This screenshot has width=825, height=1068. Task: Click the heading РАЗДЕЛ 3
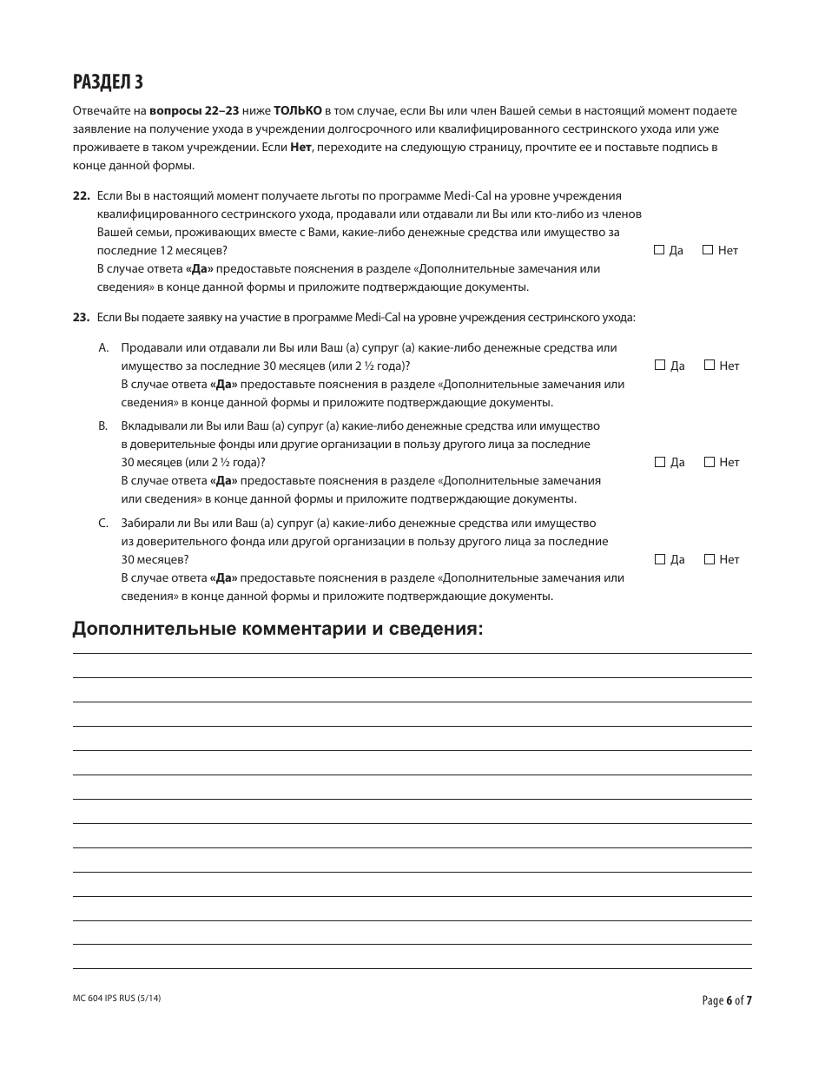click(x=108, y=82)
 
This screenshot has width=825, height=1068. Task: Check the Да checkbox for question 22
click(x=659, y=250)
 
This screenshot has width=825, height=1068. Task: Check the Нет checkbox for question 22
click(x=708, y=250)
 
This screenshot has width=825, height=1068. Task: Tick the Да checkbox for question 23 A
click(x=660, y=366)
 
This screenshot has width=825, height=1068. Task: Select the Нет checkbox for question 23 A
click(x=709, y=366)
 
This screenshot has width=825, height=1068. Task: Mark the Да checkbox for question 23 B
click(x=660, y=462)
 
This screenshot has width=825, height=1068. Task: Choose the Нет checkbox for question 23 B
click(x=709, y=462)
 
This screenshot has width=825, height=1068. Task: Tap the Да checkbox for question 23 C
click(x=660, y=559)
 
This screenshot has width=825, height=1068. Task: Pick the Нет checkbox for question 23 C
click(x=709, y=559)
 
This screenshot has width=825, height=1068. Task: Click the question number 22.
click(x=81, y=196)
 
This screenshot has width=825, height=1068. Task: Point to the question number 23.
click(x=81, y=318)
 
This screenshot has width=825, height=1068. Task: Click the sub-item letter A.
click(x=102, y=347)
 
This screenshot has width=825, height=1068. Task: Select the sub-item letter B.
click(x=102, y=426)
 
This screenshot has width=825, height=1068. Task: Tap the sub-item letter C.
click(x=102, y=523)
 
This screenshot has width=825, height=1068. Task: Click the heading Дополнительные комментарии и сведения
click(x=278, y=629)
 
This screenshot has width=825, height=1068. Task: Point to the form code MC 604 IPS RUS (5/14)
click(x=117, y=999)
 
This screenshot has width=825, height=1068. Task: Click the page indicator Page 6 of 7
click(x=726, y=1000)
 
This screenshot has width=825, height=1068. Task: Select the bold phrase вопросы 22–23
click(x=189, y=111)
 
